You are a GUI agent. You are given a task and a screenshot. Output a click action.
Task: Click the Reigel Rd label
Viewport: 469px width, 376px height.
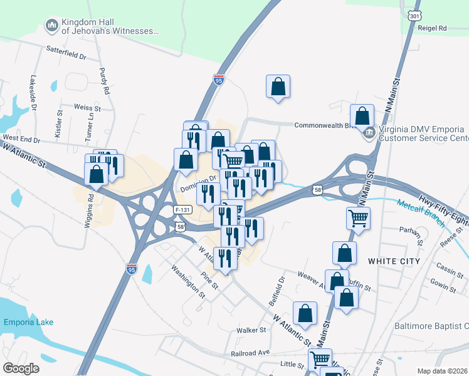pos(433,28)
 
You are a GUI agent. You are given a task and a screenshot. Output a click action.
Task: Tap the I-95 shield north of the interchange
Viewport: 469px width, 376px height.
pos(218,80)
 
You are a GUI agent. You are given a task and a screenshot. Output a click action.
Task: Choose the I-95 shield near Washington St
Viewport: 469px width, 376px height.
pos(131,269)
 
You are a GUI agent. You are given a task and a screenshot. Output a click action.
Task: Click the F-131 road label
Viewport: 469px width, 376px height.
pos(182,209)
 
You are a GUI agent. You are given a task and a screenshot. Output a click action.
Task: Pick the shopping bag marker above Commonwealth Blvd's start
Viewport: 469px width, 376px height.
pos(278,87)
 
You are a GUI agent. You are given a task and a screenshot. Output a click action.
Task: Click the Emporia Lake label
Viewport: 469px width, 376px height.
pos(28,322)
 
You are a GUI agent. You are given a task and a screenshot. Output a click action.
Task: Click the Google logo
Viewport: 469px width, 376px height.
pos(21,368)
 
